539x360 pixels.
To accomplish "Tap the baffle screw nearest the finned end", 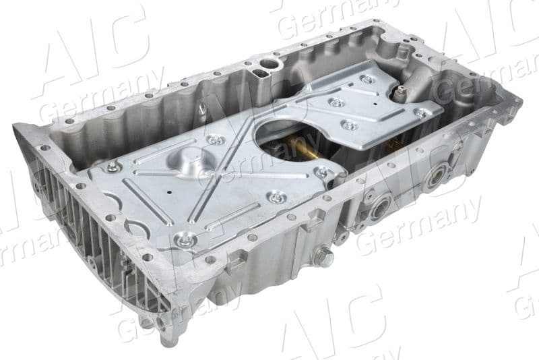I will coord(113,167).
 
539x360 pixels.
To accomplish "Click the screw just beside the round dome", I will coord(216,140).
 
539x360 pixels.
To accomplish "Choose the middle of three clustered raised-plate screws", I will coord(336,103).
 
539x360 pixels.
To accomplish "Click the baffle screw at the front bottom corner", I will coord(185,239).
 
